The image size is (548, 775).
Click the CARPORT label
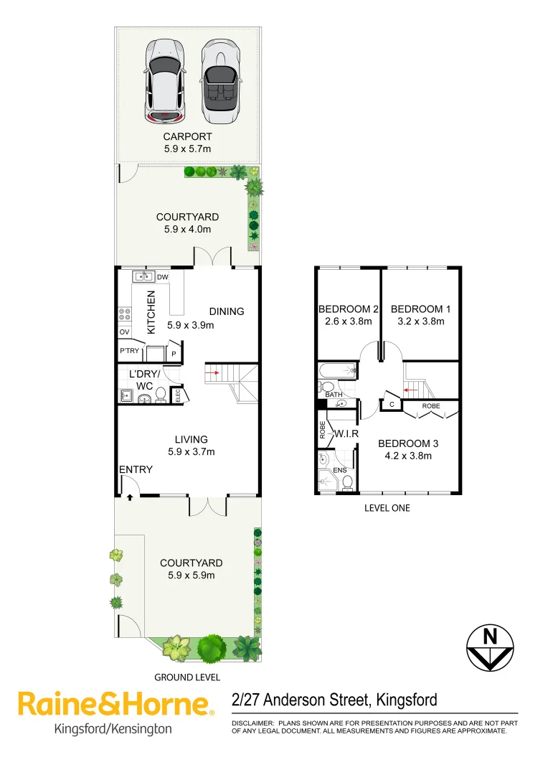(187, 136)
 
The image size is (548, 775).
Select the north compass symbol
(491, 648)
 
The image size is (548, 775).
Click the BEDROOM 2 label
(348, 309)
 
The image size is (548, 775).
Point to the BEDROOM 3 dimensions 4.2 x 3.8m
(408, 455)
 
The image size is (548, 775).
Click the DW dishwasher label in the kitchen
(162, 277)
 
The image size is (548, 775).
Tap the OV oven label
(123, 332)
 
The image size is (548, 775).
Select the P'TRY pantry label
(130, 351)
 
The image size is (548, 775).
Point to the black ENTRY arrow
(130, 497)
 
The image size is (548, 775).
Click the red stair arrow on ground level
(213, 373)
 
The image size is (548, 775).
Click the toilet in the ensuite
(347, 482)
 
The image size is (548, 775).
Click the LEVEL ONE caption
(387, 508)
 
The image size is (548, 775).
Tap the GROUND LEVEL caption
(187, 677)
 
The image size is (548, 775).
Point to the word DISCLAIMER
(251, 723)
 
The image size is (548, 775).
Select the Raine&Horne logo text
(115, 704)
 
